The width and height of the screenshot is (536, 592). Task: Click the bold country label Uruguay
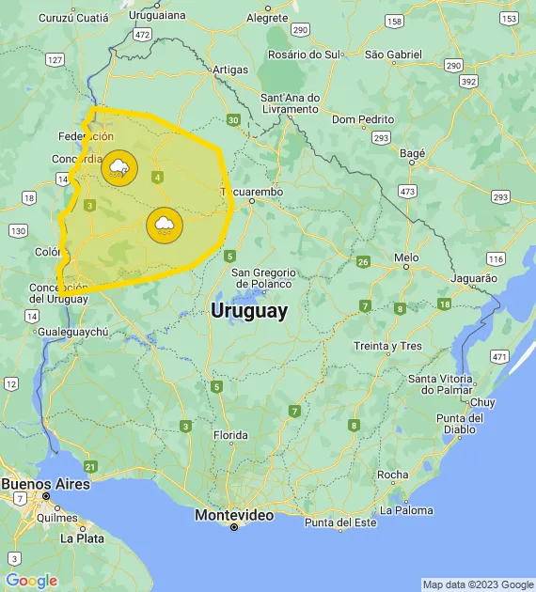pyautogui.click(x=249, y=311)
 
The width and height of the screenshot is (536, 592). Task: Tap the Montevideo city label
pyautogui.click(x=234, y=516)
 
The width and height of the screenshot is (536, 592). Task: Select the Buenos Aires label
pyautogui.click(x=45, y=484)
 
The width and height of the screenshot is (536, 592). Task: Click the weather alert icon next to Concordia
pyautogui.click(x=119, y=168)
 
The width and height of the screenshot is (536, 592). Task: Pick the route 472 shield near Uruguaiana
pyautogui.click(x=142, y=34)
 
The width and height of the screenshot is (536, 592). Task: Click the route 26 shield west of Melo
pyautogui.click(x=363, y=261)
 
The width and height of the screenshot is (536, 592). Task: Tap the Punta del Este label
pyautogui.click(x=339, y=522)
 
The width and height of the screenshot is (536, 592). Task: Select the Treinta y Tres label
pyautogui.click(x=387, y=346)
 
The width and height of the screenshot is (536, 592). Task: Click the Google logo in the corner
pyautogui.click(x=31, y=581)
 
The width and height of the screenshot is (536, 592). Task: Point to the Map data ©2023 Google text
pyautogui.click(x=477, y=584)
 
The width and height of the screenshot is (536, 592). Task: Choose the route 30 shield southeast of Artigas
pyautogui.click(x=233, y=119)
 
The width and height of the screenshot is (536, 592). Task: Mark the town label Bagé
pyautogui.click(x=412, y=152)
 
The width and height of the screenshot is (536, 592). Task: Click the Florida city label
pyautogui.click(x=229, y=435)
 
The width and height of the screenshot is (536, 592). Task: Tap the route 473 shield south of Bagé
pyautogui.click(x=407, y=191)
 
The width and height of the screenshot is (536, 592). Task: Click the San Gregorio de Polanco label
pyautogui.click(x=261, y=277)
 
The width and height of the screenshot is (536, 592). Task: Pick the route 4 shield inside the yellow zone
pyautogui.click(x=157, y=177)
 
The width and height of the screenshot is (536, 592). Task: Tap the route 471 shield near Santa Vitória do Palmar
pyautogui.click(x=498, y=356)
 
